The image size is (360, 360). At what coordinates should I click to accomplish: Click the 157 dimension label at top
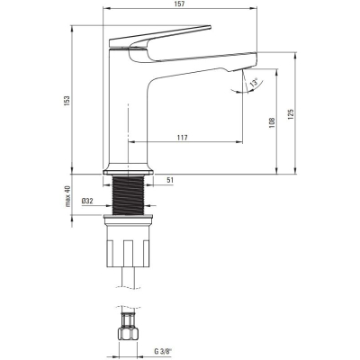181,4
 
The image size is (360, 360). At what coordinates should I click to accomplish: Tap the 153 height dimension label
67,101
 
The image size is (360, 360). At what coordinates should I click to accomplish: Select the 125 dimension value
291,114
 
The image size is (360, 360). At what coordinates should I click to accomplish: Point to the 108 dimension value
272,122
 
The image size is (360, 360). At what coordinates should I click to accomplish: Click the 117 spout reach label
182,138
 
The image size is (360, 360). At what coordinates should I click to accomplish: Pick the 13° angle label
254,83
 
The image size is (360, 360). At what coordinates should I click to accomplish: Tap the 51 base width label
170,180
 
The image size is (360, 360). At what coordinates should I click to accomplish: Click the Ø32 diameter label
87,201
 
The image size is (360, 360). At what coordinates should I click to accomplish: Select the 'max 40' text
67,196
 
